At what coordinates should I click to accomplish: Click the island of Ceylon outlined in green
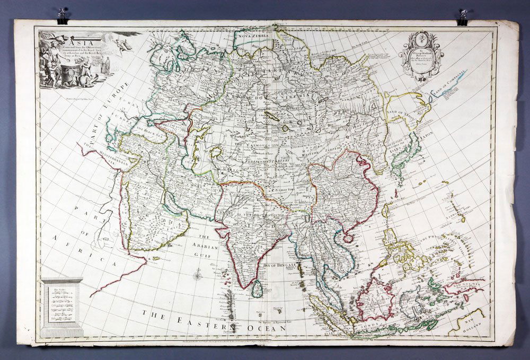tap(256, 288)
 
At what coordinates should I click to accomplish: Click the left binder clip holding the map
tap(63, 15)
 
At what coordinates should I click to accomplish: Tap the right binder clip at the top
tap(463, 16)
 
